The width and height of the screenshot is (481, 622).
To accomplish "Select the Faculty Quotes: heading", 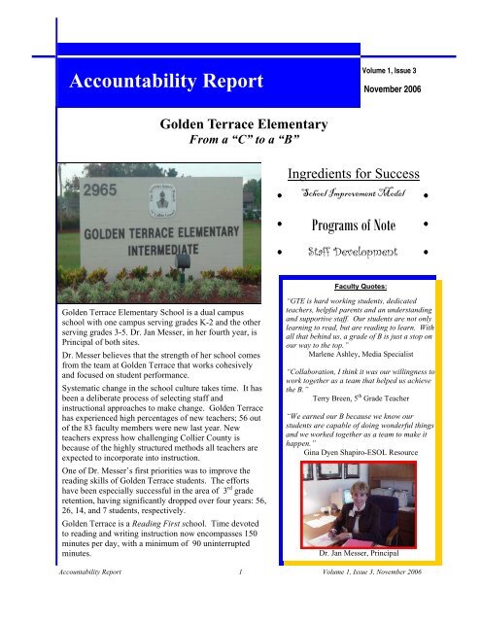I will point(360,289).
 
